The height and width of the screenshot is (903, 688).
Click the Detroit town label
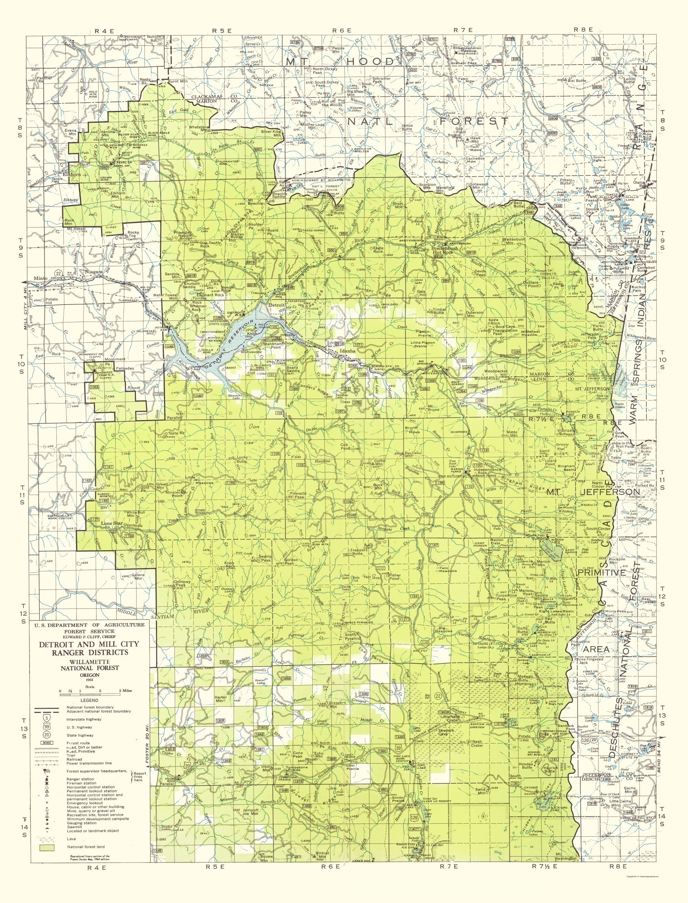(x=275, y=305)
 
